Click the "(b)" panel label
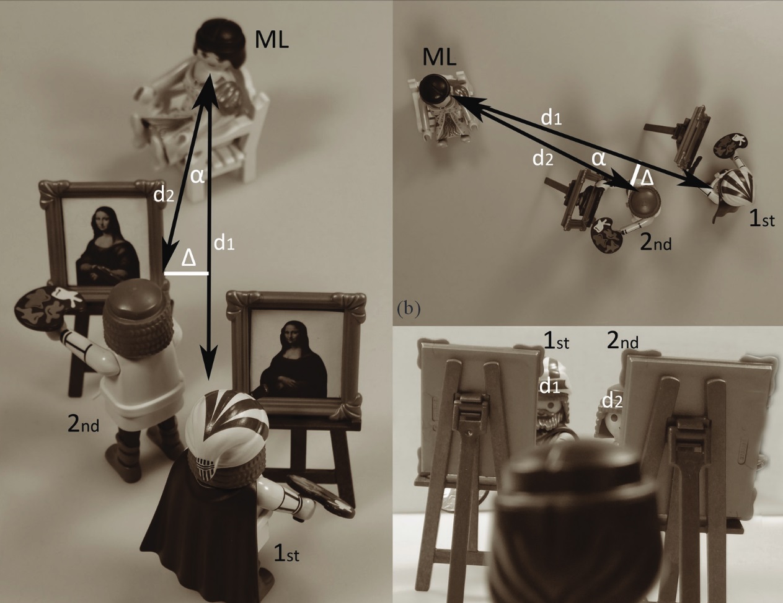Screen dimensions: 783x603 click(408, 309)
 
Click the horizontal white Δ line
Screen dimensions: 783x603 click(186, 274)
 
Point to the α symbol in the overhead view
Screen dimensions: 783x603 click(598, 159)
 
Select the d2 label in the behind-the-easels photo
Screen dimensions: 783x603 click(613, 400)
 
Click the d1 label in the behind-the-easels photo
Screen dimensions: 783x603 click(549, 386)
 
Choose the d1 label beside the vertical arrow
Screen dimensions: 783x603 click(224, 244)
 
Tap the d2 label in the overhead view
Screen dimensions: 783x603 click(542, 158)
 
